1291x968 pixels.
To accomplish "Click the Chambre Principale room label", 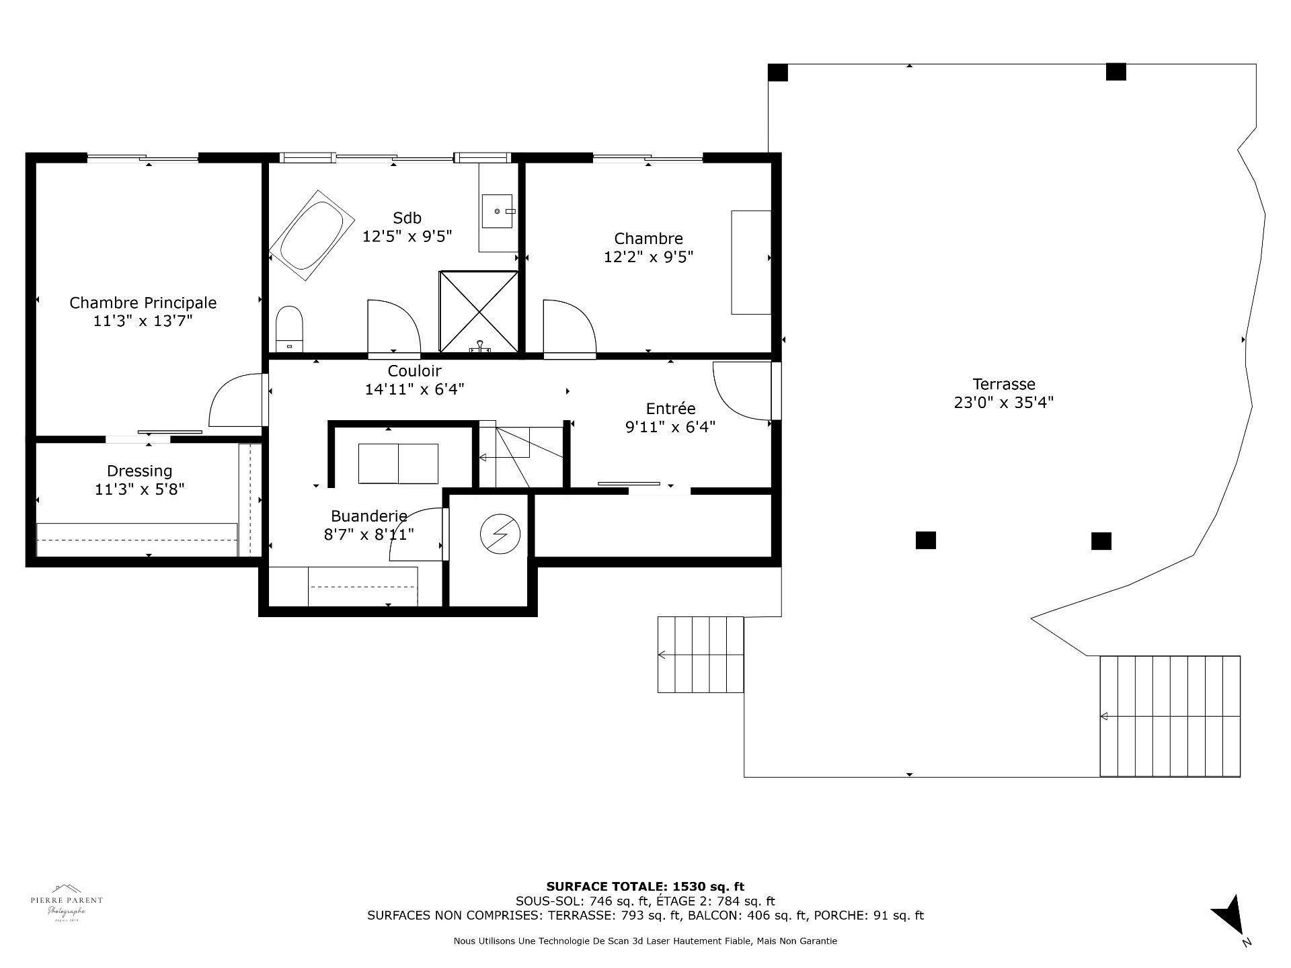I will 143,302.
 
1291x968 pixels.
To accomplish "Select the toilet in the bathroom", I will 290,328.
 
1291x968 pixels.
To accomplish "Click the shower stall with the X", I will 479,311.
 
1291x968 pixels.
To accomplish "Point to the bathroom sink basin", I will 498,211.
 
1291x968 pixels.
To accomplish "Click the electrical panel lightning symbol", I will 500,535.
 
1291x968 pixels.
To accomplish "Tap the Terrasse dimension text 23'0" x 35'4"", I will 1003,403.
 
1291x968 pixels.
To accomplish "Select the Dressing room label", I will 139,471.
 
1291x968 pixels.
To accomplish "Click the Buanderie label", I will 368,516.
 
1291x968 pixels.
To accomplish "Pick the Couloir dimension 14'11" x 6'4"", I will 414,389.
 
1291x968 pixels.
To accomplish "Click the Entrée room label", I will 670,408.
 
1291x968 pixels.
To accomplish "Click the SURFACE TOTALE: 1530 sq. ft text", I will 645,887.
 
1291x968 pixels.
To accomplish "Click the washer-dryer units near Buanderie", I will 398,463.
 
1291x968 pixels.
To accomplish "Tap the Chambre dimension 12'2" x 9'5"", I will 648,257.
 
